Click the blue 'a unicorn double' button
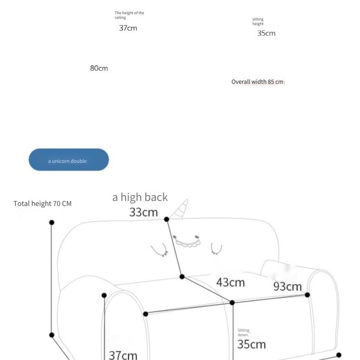(x=69, y=159)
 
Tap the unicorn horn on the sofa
(x=180, y=209)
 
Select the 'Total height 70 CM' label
(x=42, y=203)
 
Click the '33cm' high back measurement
(x=144, y=212)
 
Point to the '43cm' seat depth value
(x=230, y=282)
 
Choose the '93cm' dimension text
(x=288, y=286)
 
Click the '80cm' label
(x=99, y=68)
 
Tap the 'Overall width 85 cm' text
(x=257, y=82)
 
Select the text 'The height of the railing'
(x=129, y=15)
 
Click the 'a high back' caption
(x=140, y=197)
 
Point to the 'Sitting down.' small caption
(x=243, y=332)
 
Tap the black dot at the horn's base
(x=167, y=219)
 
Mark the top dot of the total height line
(x=51, y=222)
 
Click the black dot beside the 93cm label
(x=307, y=295)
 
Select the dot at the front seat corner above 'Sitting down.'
(x=232, y=303)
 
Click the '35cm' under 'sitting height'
(x=266, y=33)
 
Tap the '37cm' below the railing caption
(x=128, y=28)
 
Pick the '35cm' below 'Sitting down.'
(x=252, y=345)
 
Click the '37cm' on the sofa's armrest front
(x=123, y=355)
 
